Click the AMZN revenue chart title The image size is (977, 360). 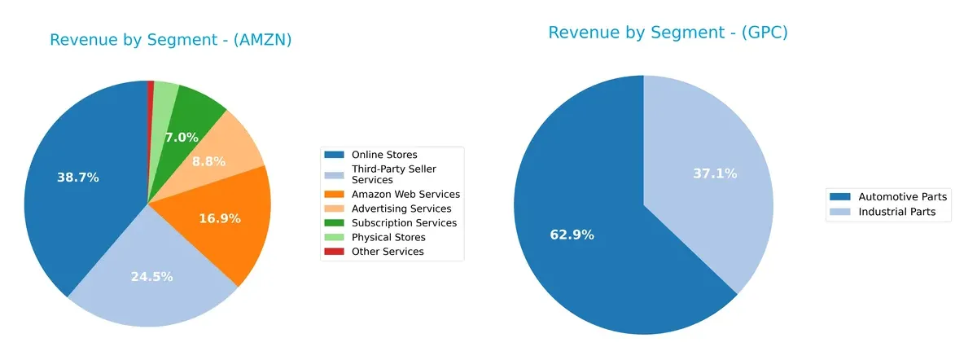(170, 40)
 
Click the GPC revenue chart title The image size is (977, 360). (668, 33)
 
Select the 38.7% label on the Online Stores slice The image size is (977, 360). (78, 177)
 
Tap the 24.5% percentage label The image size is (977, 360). (151, 277)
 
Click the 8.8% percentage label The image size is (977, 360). (208, 162)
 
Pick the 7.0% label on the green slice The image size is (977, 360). (182, 138)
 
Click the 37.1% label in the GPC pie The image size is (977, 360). (715, 173)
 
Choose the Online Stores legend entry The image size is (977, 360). (383, 155)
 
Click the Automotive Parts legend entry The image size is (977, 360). (896, 197)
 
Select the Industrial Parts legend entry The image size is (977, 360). (893, 212)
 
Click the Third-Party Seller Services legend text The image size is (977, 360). (393, 173)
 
